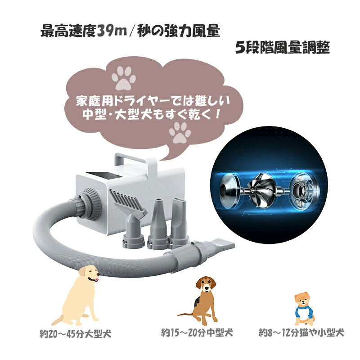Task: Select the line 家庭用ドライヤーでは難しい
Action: [x=153, y=99]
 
